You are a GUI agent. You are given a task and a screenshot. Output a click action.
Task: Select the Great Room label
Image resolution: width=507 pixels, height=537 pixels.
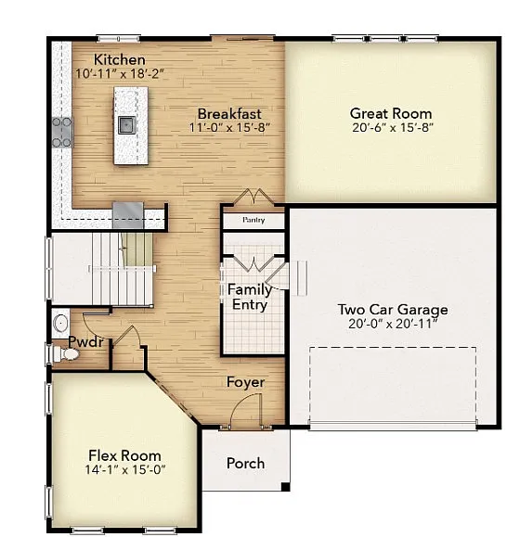coord(391,113)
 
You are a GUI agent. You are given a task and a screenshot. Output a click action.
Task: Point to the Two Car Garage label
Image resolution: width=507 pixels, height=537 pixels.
coord(392,310)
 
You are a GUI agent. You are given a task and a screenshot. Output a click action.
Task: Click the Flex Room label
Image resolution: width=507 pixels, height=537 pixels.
coord(124,455)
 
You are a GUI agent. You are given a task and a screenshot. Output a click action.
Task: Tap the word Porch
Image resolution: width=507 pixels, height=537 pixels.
coord(245,463)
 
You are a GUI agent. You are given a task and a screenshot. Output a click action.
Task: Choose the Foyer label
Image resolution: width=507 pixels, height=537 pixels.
coord(246,382)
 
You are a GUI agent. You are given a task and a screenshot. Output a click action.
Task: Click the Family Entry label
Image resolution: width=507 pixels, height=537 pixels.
coord(249,297)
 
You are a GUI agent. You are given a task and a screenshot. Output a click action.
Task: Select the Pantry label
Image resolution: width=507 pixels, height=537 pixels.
coord(253,221)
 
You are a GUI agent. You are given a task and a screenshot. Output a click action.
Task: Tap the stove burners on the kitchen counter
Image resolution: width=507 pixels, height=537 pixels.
coord(62,132)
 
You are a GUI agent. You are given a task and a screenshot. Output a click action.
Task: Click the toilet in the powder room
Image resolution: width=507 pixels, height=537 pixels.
coord(60,323)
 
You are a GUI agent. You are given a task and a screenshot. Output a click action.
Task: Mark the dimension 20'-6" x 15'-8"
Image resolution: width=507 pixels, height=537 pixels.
coord(391,127)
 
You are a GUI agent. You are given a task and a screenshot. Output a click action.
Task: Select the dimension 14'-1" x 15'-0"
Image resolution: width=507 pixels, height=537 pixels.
coord(124,470)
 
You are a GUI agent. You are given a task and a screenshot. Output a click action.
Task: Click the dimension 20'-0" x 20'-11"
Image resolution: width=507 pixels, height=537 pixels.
coord(392,324)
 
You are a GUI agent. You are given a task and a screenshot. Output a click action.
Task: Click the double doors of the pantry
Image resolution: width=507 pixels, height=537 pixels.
coord(253,198)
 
